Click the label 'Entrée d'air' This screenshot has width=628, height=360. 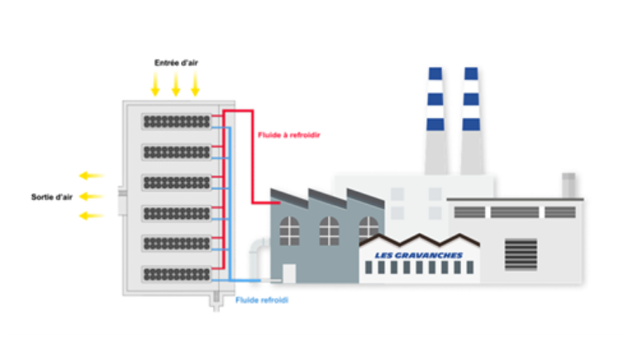click(x=175, y=63)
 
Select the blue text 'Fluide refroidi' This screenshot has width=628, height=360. click(x=262, y=300)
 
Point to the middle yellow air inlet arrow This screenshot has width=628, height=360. click(x=175, y=83)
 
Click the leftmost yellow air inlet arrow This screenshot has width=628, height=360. click(x=155, y=83)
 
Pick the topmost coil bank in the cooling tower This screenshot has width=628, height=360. click(x=177, y=121)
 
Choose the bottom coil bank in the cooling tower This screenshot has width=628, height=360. click(x=177, y=273)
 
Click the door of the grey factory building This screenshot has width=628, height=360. click(x=289, y=273)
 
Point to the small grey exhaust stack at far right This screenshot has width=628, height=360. click(x=569, y=185)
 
